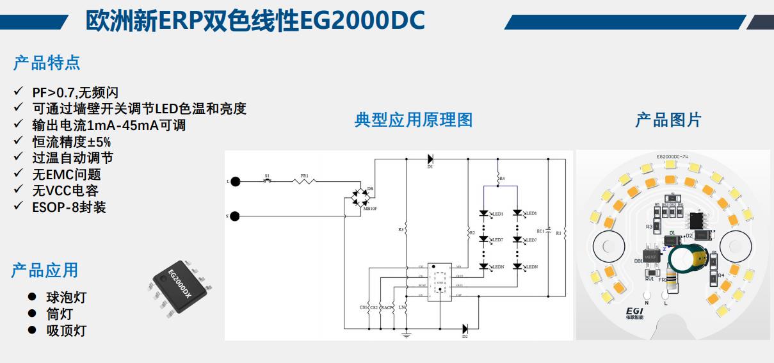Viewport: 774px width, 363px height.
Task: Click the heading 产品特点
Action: coord(47,63)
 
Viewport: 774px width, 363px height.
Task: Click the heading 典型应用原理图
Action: coord(413,120)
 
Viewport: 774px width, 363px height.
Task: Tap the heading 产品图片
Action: coord(668,120)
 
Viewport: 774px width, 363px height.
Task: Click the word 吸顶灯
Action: coord(66,330)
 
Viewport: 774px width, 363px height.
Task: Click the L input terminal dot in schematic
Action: coord(235,182)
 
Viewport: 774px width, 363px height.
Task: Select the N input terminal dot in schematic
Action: coord(235,216)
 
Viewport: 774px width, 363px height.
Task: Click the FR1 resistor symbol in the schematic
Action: coord(305,182)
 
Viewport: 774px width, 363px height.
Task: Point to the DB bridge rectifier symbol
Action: coord(359,198)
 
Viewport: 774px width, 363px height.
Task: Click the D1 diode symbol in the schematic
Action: coord(430,159)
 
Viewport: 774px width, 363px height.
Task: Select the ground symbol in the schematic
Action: coord(405,334)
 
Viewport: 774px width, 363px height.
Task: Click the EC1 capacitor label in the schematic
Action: coord(540,230)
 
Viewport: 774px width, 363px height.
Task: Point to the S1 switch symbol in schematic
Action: coord(268,181)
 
